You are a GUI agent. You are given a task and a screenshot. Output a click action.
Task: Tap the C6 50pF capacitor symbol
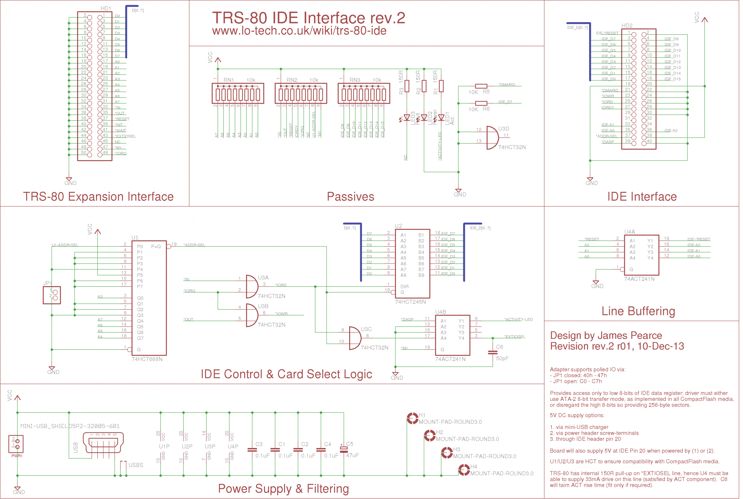click(x=493, y=352)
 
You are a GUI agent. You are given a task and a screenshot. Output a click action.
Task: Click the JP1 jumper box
click(x=52, y=295)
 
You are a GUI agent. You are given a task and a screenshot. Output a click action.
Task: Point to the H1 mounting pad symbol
click(x=413, y=418)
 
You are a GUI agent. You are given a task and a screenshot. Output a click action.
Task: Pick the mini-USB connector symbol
click(x=103, y=442)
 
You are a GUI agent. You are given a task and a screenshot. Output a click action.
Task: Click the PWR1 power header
click(x=16, y=444)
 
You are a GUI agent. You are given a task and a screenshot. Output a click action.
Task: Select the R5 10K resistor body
click(x=481, y=86)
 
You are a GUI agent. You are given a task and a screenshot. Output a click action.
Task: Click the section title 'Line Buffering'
click(x=638, y=311)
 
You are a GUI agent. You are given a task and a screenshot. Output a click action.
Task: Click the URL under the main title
click(x=299, y=31)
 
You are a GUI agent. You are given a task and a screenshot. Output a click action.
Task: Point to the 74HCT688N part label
click(x=147, y=359)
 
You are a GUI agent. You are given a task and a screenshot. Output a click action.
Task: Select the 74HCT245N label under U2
click(x=410, y=302)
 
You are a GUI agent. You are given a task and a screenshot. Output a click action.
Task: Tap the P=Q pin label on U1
click(x=156, y=247)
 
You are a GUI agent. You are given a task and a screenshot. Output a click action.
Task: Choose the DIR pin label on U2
click(x=404, y=287)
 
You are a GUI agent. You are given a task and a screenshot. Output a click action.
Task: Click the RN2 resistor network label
click(x=292, y=80)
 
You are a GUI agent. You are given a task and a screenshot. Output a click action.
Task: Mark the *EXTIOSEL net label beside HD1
click(x=125, y=136)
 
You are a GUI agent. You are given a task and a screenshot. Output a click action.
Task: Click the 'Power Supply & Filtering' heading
click(x=283, y=489)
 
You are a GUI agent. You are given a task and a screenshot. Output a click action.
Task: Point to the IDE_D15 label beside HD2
click(x=672, y=79)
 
